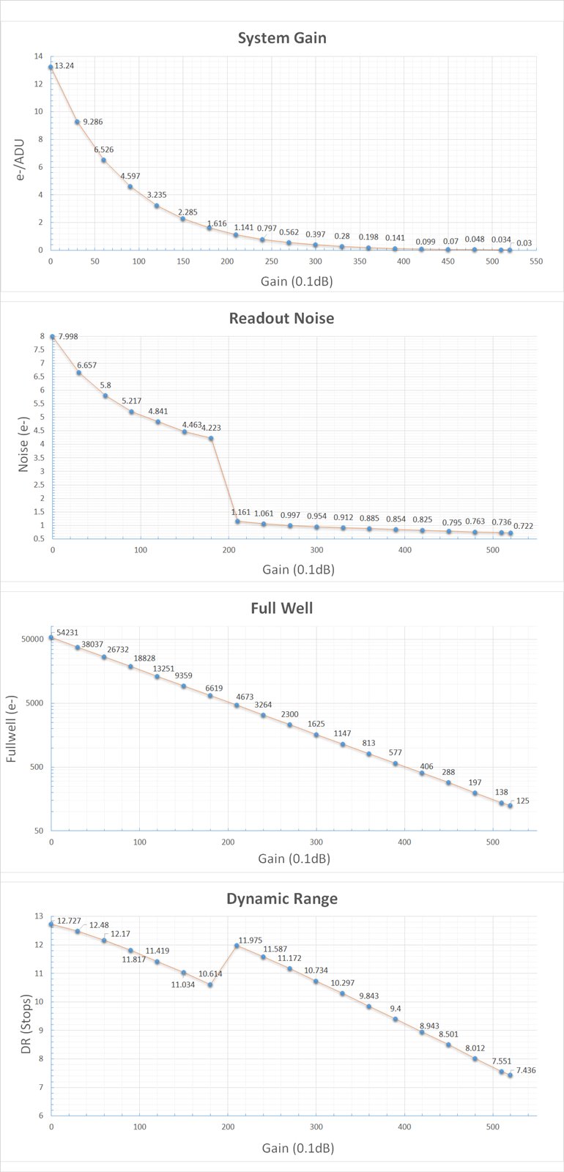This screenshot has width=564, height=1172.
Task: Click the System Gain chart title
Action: point(282,38)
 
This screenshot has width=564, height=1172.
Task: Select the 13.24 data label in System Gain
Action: point(64,66)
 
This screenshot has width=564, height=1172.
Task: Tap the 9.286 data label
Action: point(92,122)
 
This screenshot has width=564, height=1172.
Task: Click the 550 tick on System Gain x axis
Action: point(536,262)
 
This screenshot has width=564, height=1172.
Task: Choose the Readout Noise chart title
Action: point(282,319)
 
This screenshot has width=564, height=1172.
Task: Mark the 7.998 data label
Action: point(68,337)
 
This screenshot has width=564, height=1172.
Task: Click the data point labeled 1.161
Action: point(237,522)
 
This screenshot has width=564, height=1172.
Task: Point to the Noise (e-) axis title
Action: point(23,438)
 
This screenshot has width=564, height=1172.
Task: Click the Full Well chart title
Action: point(282,608)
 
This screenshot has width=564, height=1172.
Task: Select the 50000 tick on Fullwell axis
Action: point(32,639)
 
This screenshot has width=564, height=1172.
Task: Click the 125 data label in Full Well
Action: point(523,801)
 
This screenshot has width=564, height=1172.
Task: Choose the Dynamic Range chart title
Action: point(282,899)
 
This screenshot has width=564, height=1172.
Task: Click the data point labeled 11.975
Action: point(237,946)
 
